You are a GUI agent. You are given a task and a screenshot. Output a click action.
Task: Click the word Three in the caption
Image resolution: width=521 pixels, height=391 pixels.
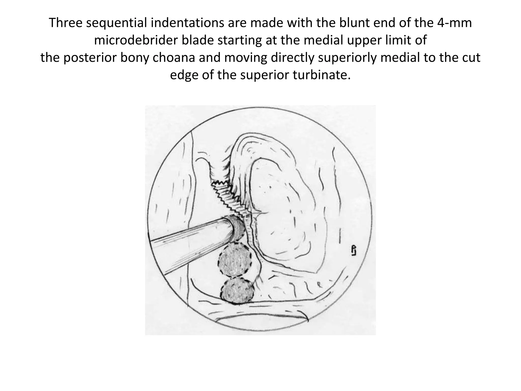pyautogui.click(x=65, y=23)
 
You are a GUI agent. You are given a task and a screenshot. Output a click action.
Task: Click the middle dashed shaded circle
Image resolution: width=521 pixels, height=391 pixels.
pyautogui.click(x=235, y=260)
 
